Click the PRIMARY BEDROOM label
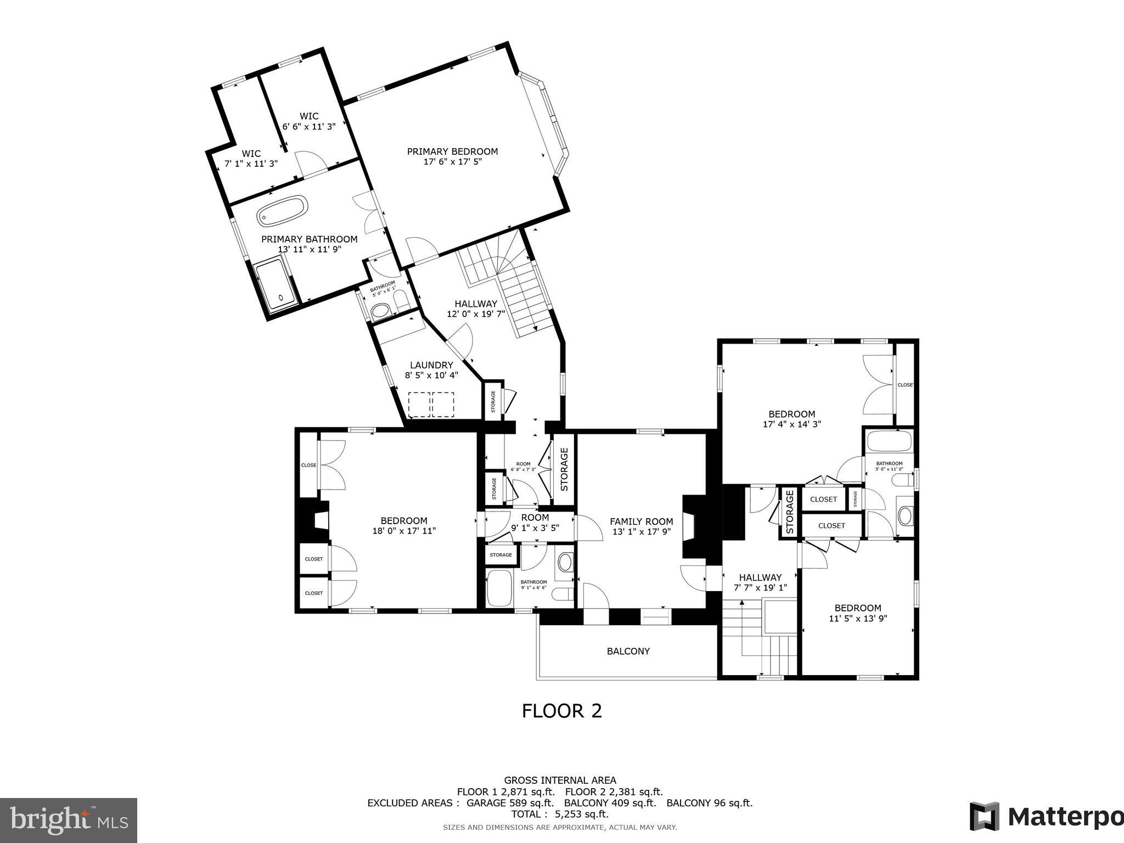point(452,151)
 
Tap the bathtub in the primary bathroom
point(282,211)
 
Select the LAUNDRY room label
point(431,365)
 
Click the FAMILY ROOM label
point(641,521)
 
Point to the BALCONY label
point(628,651)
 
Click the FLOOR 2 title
point(561,711)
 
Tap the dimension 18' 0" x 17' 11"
point(404,531)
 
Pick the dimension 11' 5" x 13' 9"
point(858,618)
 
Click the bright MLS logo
point(68,820)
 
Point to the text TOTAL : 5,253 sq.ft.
point(560,814)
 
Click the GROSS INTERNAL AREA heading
point(560,780)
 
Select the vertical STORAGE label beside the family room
point(564,469)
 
